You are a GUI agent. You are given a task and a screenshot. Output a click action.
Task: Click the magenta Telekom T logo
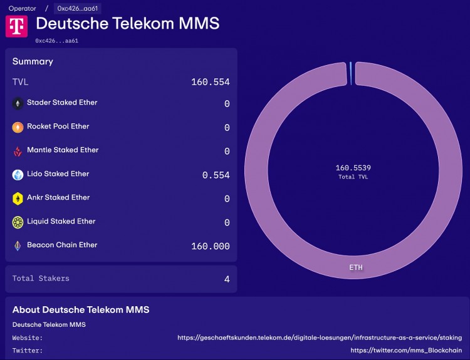[x=16, y=26]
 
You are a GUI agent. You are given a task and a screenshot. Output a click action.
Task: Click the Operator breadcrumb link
[x=22, y=9]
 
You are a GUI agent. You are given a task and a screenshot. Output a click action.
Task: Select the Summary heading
[x=33, y=61]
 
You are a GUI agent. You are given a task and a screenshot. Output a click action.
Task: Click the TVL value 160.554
[x=211, y=82]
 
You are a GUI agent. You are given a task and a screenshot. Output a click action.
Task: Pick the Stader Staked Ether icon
[x=18, y=103]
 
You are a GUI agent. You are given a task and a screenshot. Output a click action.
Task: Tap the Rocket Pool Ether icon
[x=18, y=127]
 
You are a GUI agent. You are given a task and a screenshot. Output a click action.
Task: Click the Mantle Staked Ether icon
[x=18, y=151]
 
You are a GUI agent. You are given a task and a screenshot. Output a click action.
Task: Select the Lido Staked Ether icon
[x=18, y=175]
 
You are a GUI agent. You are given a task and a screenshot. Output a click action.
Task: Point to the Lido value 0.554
[x=216, y=175]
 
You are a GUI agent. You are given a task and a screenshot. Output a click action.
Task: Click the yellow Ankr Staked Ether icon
[x=18, y=198]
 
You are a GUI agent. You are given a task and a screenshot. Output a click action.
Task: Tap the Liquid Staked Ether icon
[x=18, y=222]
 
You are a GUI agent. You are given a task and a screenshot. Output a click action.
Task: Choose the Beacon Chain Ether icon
[x=18, y=246]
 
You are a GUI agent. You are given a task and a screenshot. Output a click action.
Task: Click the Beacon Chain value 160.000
[x=211, y=247]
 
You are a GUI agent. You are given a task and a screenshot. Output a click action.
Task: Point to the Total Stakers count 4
[x=227, y=279]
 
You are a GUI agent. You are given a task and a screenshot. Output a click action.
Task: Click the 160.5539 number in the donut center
[x=353, y=168]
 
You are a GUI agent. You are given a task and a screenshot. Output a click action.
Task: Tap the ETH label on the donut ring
[x=355, y=267]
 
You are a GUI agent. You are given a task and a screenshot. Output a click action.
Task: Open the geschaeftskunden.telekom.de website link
[x=320, y=337]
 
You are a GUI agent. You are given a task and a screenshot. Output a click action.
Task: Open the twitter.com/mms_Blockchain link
[x=406, y=351]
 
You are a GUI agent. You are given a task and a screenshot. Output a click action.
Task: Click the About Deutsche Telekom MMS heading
[x=81, y=310]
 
